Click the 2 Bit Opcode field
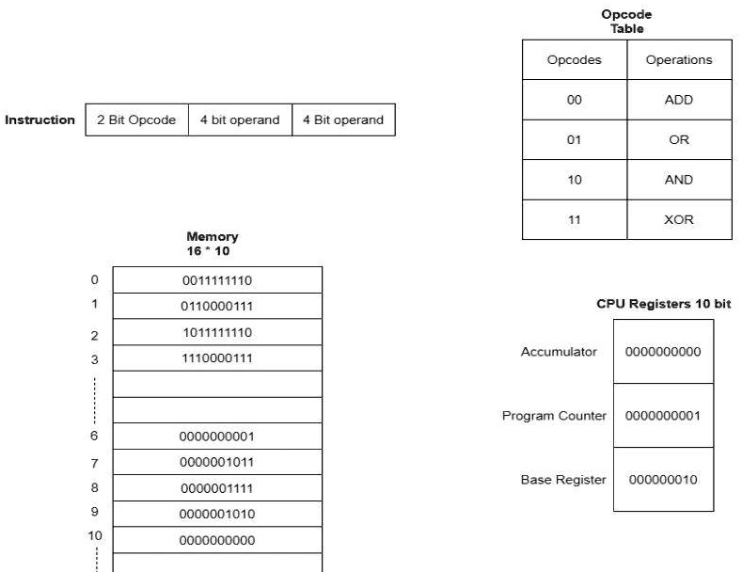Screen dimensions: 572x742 [x=136, y=119]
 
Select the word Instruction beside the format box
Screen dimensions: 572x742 [x=40, y=119]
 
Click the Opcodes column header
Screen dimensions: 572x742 [x=574, y=59]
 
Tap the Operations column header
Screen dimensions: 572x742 [x=678, y=59]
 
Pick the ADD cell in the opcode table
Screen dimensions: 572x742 [x=678, y=100]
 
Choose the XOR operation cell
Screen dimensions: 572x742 [x=678, y=219]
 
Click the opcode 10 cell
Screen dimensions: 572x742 [x=574, y=180]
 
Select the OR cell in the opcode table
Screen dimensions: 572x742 [x=678, y=140]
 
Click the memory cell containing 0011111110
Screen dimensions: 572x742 [x=217, y=280]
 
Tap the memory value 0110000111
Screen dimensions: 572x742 [x=217, y=307]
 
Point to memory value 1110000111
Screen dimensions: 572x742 [x=217, y=358]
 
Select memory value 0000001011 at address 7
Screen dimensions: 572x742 [x=217, y=462]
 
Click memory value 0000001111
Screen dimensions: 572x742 [x=217, y=488]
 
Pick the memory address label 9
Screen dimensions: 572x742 [x=94, y=513]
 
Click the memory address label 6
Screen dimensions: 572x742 [x=94, y=436]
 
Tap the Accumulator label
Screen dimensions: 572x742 [x=559, y=351]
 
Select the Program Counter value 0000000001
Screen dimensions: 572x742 [x=663, y=416]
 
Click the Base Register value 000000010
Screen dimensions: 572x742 [x=663, y=480]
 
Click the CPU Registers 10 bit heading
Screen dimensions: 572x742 [x=663, y=304]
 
